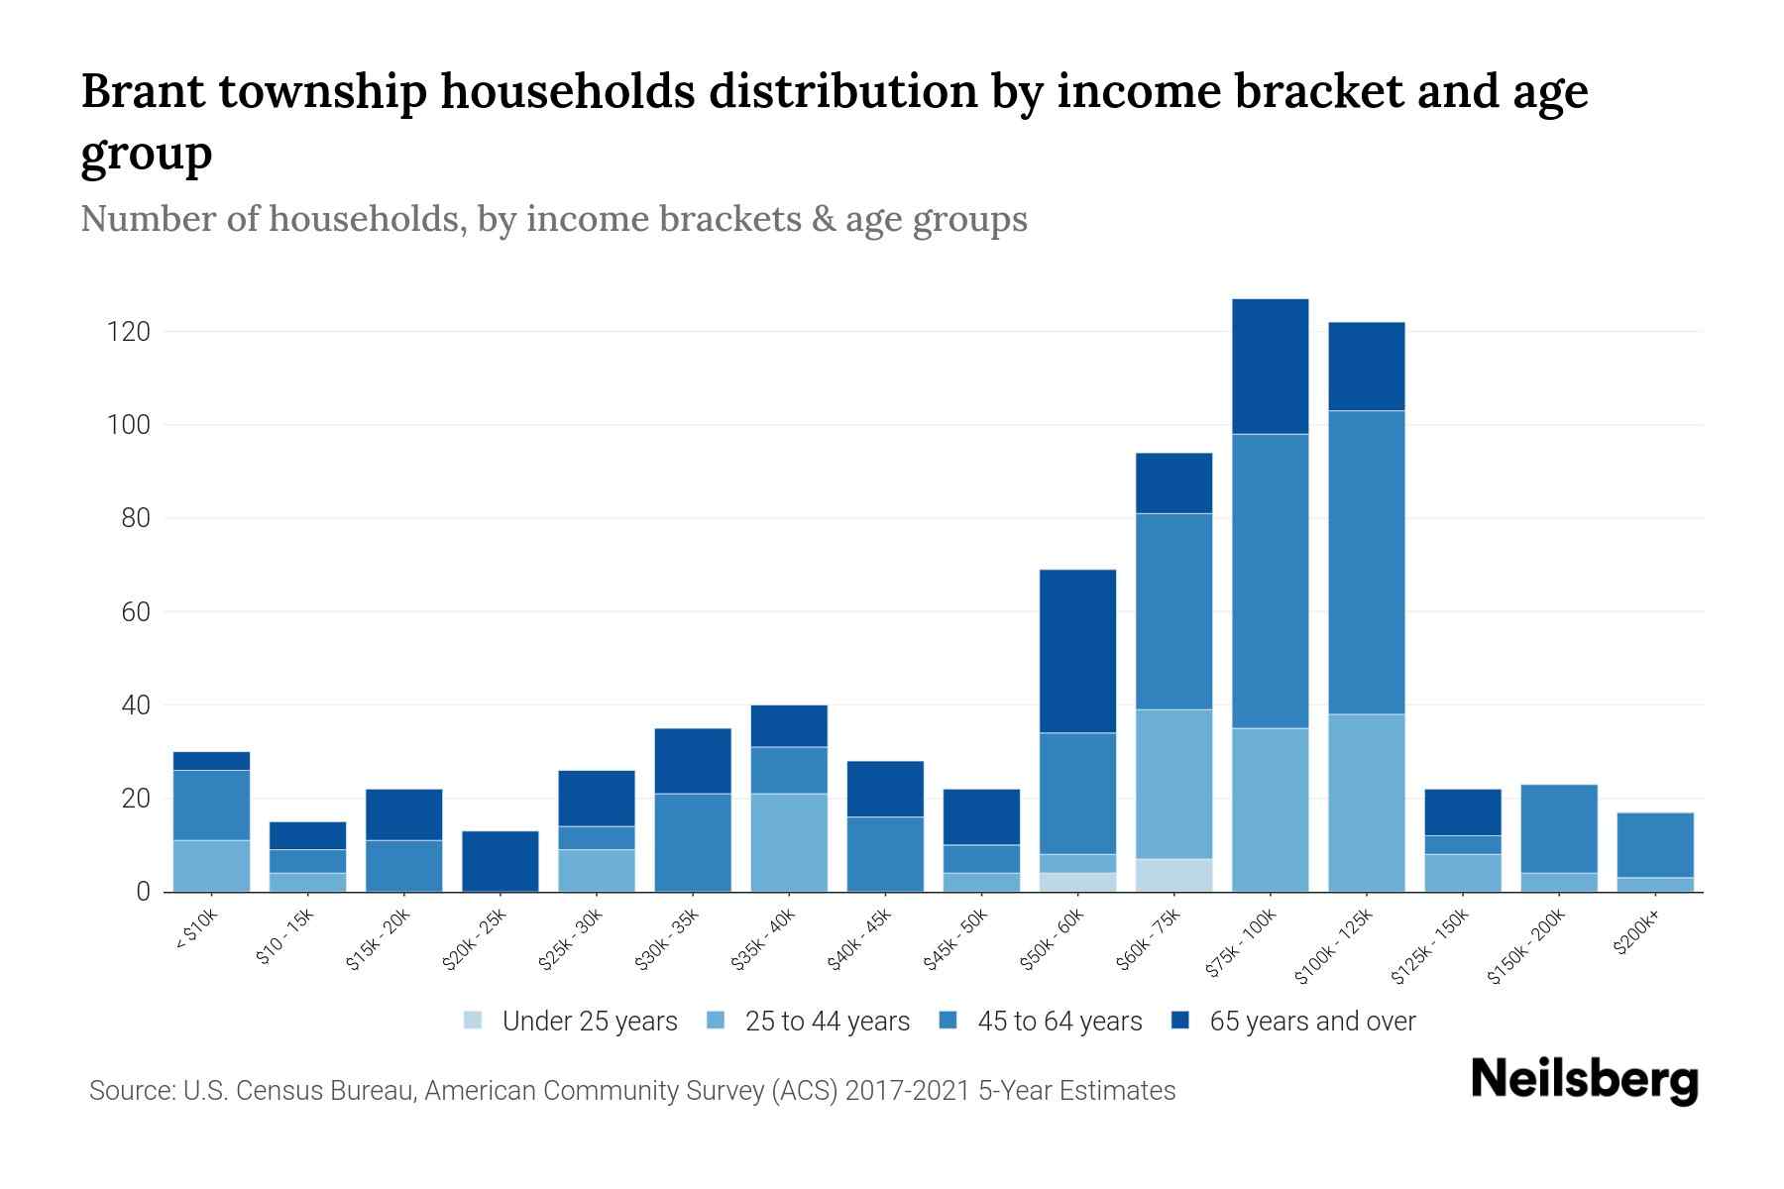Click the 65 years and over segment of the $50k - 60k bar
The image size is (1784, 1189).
pyautogui.click(x=1077, y=651)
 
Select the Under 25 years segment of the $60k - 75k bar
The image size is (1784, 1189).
pyautogui.click(x=1173, y=875)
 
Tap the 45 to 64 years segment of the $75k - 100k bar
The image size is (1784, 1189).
pyautogui.click(x=1270, y=581)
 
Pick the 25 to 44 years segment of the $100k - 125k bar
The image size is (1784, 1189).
pyautogui.click(x=1366, y=803)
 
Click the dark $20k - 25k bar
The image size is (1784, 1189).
pyautogui.click(x=501, y=861)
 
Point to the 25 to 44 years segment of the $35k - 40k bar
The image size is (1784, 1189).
pyautogui.click(x=789, y=842)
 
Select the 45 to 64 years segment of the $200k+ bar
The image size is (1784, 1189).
pyautogui.click(x=1654, y=844)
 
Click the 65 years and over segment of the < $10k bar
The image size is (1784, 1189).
pyautogui.click(x=211, y=761)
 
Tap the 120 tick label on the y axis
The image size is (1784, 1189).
pyautogui.click(x=128, y=332)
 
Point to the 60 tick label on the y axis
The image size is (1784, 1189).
pyautogui.click(x=136, y=612)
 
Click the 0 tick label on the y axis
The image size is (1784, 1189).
pyautogui.click(x=143, y=893)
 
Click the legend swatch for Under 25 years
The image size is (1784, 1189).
pyautogui.click(x=473, y=1021)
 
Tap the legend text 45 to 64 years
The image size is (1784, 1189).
pyautogui.click(x=1059, y=1022)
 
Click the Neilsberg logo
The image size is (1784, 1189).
pyautogui.click(x=1584, y=1080)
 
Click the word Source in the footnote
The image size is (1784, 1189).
pyautogui.click(x=129, y=1091)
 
